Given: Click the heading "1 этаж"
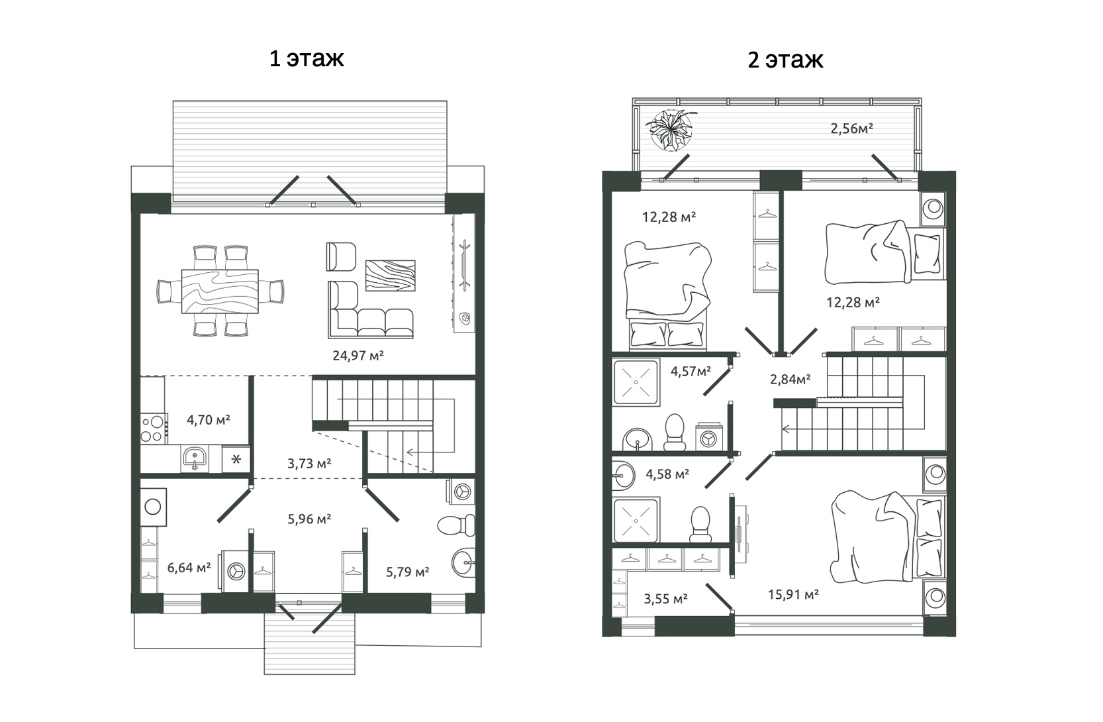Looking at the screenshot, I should coord(306,58).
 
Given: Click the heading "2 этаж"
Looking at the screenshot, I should coord(785,60).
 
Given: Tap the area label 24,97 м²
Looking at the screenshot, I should coord(358,356).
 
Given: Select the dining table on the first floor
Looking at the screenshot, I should coord(220,291).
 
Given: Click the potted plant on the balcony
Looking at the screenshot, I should coord(671,129).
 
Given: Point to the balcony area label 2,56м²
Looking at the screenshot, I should coord(851,129).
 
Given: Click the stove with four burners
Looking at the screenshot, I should coord(152,427).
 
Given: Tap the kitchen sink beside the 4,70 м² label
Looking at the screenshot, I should coord(195,458).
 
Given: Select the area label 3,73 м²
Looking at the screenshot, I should coord(309,464).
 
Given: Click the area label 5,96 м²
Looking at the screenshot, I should coord(309,519).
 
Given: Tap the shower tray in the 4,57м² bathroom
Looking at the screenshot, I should coord(636,382).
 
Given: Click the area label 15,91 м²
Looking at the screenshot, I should coord(793,595).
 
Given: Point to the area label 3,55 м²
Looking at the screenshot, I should coord(665,599).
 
